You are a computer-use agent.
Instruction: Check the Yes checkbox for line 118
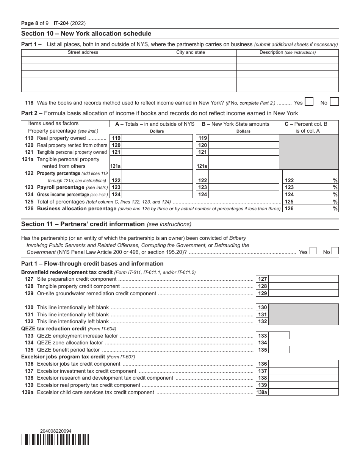coord(309,102)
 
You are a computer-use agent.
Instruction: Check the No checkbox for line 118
coord(334,102)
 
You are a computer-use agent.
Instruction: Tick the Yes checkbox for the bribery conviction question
coord(313,251)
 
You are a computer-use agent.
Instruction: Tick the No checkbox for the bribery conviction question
coord(335,251)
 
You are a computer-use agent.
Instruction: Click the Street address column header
coord(83,52)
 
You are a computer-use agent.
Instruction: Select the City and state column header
coord(191,52)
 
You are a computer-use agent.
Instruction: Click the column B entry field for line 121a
coord(244,163)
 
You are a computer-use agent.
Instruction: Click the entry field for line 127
coord(303,279)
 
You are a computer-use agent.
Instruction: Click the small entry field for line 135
coord(279,350)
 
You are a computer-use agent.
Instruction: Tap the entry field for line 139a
coord(303,392)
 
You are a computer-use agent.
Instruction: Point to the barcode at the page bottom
coord(56,439)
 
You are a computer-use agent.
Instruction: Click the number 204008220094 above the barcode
coord(56,431)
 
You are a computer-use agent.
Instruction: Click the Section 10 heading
coord(86,34)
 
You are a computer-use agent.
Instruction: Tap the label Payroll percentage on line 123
coord(61,187)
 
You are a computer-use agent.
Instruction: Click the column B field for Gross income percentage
coord(244,194)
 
